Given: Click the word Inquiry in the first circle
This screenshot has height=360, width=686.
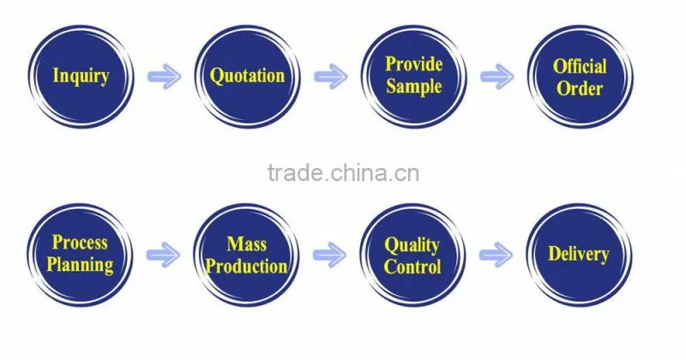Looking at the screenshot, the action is point(81,76).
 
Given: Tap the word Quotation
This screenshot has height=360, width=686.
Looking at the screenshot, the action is point(247,75).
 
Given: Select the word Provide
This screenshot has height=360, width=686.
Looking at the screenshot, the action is point(414,64).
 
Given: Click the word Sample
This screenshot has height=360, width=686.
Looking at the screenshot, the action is point(413,87).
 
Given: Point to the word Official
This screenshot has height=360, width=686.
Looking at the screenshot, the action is point(581,67).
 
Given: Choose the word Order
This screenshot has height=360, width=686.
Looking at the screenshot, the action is point(580,89).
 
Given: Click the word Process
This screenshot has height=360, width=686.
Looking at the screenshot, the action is point(80,243).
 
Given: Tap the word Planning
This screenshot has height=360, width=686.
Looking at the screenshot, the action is point(80,265).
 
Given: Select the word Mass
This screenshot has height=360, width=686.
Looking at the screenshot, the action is point(246,244).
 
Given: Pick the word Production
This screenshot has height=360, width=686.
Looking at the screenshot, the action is point(246,266).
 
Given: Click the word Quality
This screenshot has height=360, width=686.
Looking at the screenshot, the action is point(412,246).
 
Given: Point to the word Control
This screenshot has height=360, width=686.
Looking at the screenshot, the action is point(412,267).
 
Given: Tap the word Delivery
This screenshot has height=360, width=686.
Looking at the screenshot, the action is point(578,255).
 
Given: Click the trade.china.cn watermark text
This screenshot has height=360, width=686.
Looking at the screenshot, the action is point(344,173).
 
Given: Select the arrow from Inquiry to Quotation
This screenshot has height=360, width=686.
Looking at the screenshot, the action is point(164,76).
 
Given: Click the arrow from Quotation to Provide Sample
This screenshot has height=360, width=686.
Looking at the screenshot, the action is point(331,76).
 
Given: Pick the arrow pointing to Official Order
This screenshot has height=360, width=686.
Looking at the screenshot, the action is point(497,76).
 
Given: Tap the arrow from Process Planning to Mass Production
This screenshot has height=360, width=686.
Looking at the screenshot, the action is point(163,255).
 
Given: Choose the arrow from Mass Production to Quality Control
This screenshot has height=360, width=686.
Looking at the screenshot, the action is point(329,255).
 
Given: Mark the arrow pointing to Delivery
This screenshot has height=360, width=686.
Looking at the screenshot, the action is point(496,255).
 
